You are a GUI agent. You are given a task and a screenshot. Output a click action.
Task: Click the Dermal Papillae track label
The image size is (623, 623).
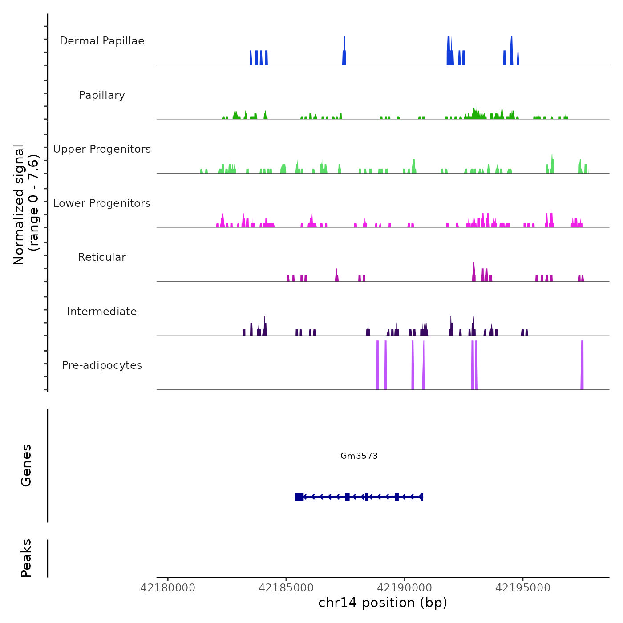[102, 41]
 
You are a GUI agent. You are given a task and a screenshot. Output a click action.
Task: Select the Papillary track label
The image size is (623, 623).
[102, 95]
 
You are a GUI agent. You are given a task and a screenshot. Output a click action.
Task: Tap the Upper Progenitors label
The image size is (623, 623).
[102, 149]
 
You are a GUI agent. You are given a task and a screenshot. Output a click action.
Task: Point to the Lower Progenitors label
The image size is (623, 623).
[102, 203]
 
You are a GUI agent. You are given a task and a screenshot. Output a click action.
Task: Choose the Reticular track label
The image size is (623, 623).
[102, 257]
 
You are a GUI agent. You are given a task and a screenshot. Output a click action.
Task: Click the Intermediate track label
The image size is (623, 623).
[102, 311]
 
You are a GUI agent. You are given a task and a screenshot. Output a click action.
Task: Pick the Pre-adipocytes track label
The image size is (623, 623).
[102, 365]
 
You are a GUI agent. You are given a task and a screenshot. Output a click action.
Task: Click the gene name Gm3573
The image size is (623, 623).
[359, 456]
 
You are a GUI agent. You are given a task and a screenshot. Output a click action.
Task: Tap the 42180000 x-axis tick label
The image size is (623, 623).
[168, 588]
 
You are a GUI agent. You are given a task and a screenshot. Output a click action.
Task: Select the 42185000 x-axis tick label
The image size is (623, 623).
[286, 588]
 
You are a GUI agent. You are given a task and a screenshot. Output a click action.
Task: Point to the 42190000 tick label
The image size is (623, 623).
[405, 588]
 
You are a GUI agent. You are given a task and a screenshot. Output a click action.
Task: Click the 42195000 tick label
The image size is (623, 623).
[523, 588]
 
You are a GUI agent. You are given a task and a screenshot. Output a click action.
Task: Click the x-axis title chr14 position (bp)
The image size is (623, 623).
[383, 603]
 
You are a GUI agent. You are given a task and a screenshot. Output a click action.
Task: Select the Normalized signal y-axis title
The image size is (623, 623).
[26, 205]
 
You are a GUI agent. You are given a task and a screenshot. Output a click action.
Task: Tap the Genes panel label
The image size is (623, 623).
[26, 465]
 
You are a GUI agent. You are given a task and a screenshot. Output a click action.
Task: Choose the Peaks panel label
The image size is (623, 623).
[26, 558]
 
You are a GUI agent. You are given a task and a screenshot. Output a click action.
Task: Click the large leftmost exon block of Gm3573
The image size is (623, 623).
[299, 497]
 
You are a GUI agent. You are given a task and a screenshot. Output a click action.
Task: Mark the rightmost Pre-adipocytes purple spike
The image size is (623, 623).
[582, 365]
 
